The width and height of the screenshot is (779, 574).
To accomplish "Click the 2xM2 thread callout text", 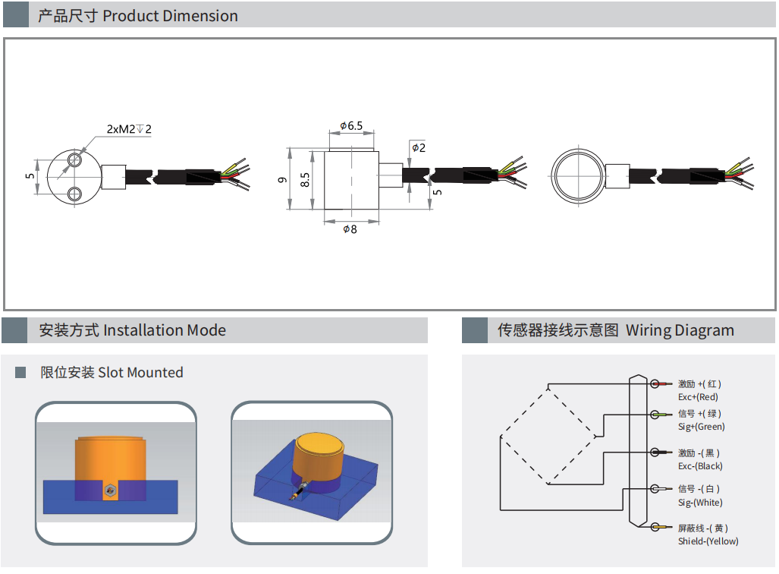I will [129, 129].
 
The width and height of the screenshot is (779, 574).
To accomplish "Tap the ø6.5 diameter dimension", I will [351, 126].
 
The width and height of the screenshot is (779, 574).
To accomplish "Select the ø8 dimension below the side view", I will [350, 229].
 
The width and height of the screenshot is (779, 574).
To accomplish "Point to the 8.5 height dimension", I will [305, 180].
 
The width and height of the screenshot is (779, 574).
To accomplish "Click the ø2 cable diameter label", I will [419, 147].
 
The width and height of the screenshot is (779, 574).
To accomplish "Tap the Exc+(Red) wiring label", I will [698, 396].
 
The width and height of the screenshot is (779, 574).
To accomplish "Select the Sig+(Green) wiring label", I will [701, 427].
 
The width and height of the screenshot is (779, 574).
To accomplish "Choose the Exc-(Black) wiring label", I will [700, 466].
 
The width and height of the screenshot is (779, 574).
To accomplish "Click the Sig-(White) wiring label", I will [700, 503].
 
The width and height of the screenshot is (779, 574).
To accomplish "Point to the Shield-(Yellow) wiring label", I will [708, 541].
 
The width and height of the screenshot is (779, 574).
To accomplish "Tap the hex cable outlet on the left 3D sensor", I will [111, 492].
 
